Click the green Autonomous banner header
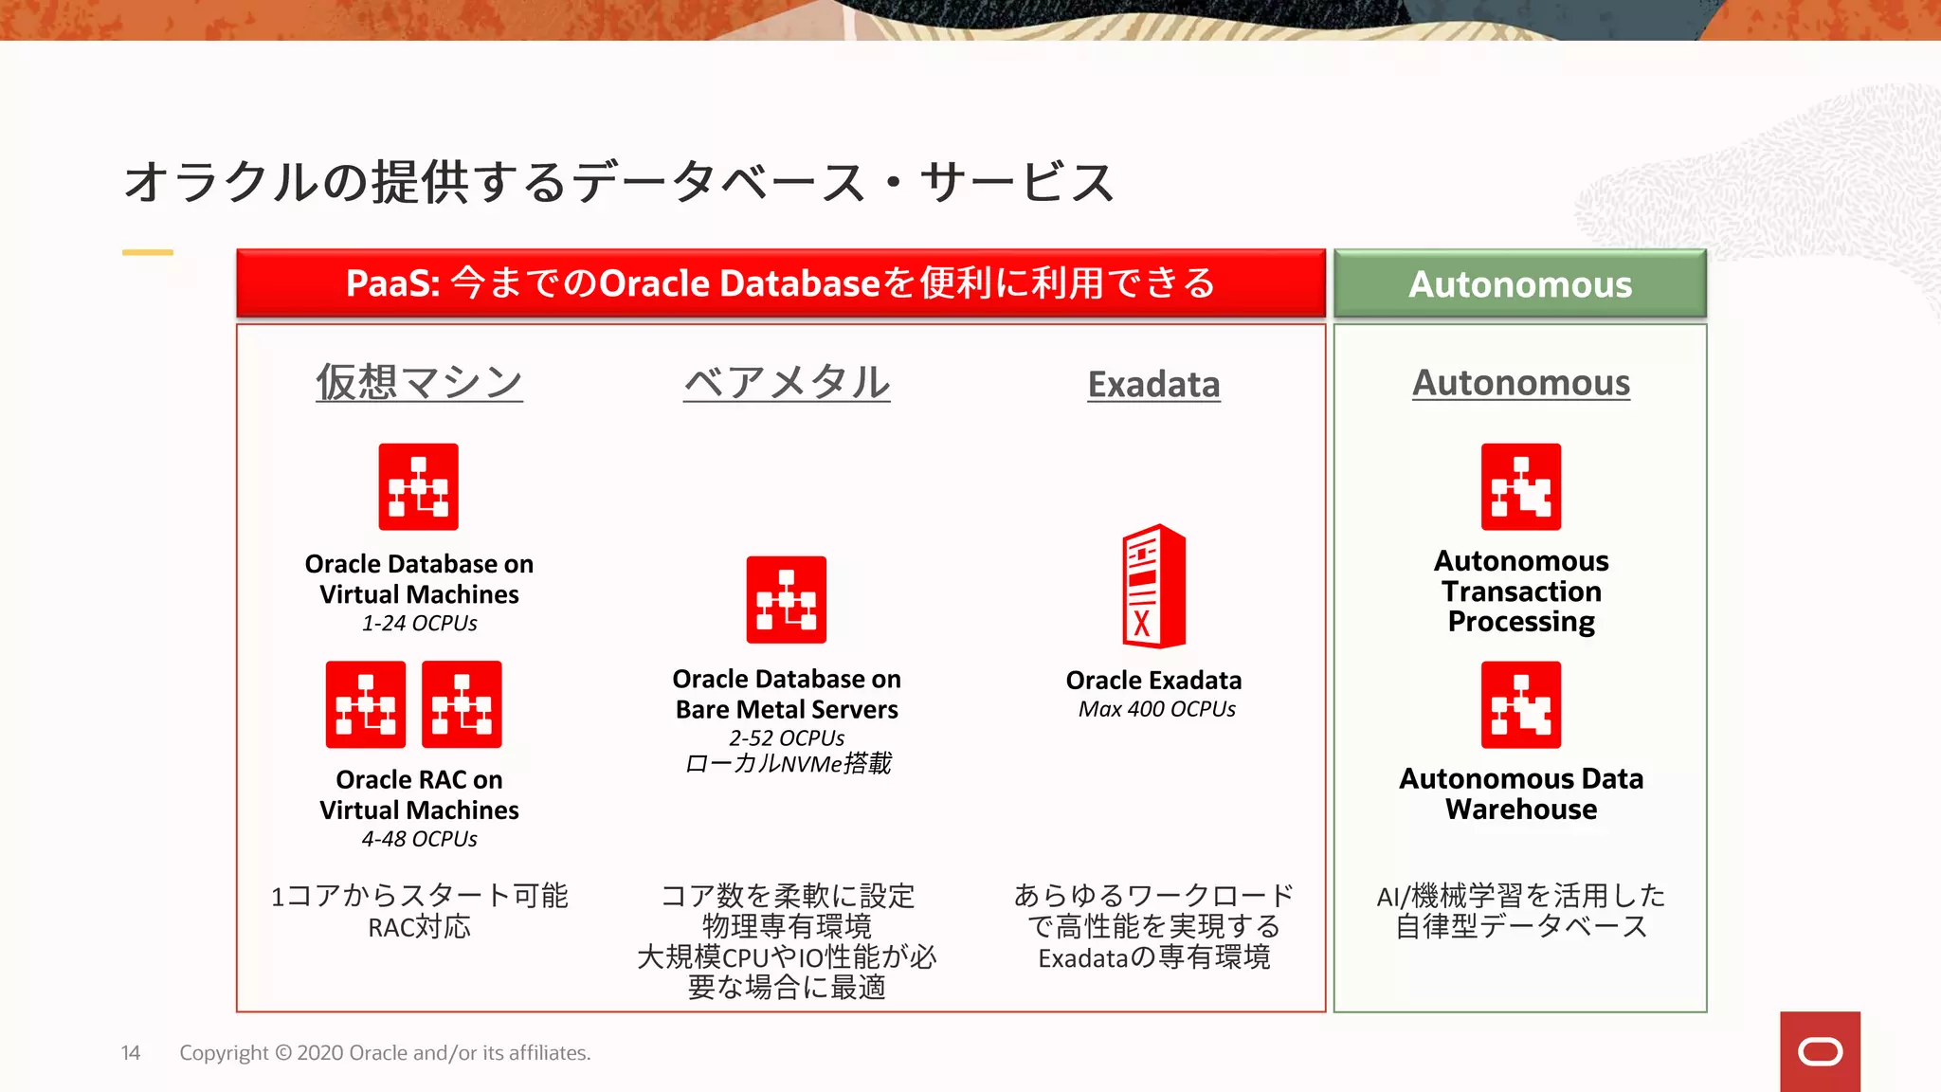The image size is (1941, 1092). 1519,283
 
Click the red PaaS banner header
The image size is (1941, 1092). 780,283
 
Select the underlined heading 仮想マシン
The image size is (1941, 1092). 419,383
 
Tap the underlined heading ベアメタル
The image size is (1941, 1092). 787,383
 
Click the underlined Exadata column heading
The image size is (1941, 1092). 1153,385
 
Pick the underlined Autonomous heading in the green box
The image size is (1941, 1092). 1520,383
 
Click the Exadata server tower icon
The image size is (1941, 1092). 1153,586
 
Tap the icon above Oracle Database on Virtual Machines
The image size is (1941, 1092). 418,486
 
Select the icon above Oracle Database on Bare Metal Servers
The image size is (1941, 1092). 786,599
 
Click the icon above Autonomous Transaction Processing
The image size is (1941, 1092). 1520,486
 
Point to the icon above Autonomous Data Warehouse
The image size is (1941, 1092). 1520,704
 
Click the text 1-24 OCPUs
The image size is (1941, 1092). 419,624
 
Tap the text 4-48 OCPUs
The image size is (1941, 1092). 419,839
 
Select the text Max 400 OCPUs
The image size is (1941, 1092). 1156,709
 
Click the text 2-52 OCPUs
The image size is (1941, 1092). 787,737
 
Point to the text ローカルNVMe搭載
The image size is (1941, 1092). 787,764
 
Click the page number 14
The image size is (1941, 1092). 131,1053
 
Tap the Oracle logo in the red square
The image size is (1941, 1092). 1820,1051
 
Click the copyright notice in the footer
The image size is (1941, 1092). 385,1053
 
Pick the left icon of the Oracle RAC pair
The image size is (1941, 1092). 365,704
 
